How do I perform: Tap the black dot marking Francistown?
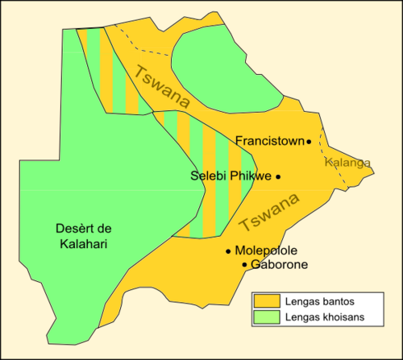pos(309,142)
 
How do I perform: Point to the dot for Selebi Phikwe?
pos(278,176)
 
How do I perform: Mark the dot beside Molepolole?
pos(229,251)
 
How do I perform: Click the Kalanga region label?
pos(347,163)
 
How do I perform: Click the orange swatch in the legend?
pos(266,301)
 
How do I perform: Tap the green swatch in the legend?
pos(266,317)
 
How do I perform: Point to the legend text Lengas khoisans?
pos(322,317)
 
